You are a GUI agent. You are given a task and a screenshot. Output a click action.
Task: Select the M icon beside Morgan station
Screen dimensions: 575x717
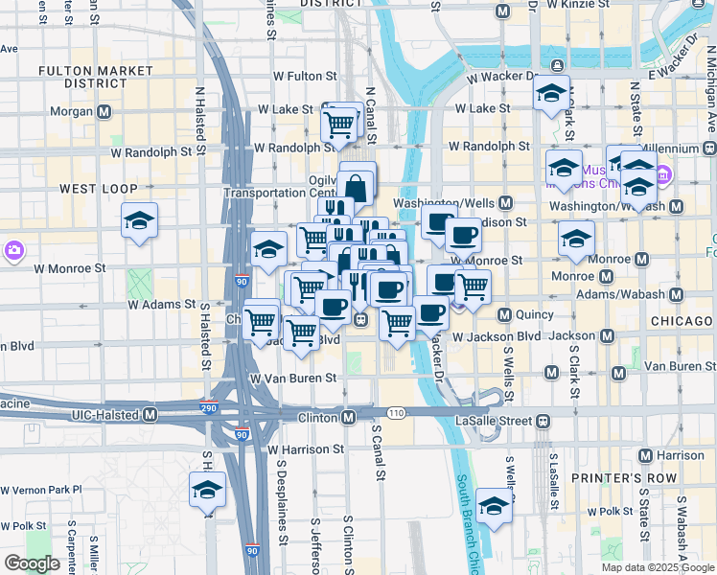[104, 112]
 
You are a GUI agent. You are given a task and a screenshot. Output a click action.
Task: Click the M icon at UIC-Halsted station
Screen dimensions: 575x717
[150, 415]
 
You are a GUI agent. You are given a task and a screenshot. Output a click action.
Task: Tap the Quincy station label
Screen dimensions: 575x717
[534, 314]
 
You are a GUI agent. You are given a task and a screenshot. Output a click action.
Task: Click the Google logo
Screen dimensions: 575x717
[33, 563]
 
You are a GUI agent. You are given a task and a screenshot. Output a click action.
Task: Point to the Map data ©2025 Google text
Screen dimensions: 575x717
[658, 567]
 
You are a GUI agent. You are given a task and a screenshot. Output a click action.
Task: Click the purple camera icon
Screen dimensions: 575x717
[13, 250]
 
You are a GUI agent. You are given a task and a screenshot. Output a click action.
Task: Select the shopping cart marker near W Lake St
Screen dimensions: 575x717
[338, 123]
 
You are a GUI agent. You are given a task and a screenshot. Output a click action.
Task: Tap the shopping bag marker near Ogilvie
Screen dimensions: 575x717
[355, 186]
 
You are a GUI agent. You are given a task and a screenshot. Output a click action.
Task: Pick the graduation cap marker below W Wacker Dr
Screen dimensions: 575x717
[551, 93]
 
